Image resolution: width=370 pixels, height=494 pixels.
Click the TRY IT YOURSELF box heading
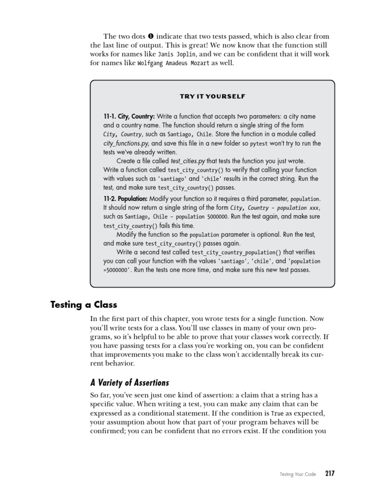[x=212, y=96]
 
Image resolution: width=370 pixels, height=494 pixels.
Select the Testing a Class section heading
[x=84, y=305]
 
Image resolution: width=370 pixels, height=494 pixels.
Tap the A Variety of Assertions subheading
[x=130, y=383]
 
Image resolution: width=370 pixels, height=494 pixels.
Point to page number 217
[x=330, y=474]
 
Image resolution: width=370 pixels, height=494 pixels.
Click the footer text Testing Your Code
[x=298, y=474]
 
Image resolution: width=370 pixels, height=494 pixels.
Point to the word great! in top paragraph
[x=223, y=45]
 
